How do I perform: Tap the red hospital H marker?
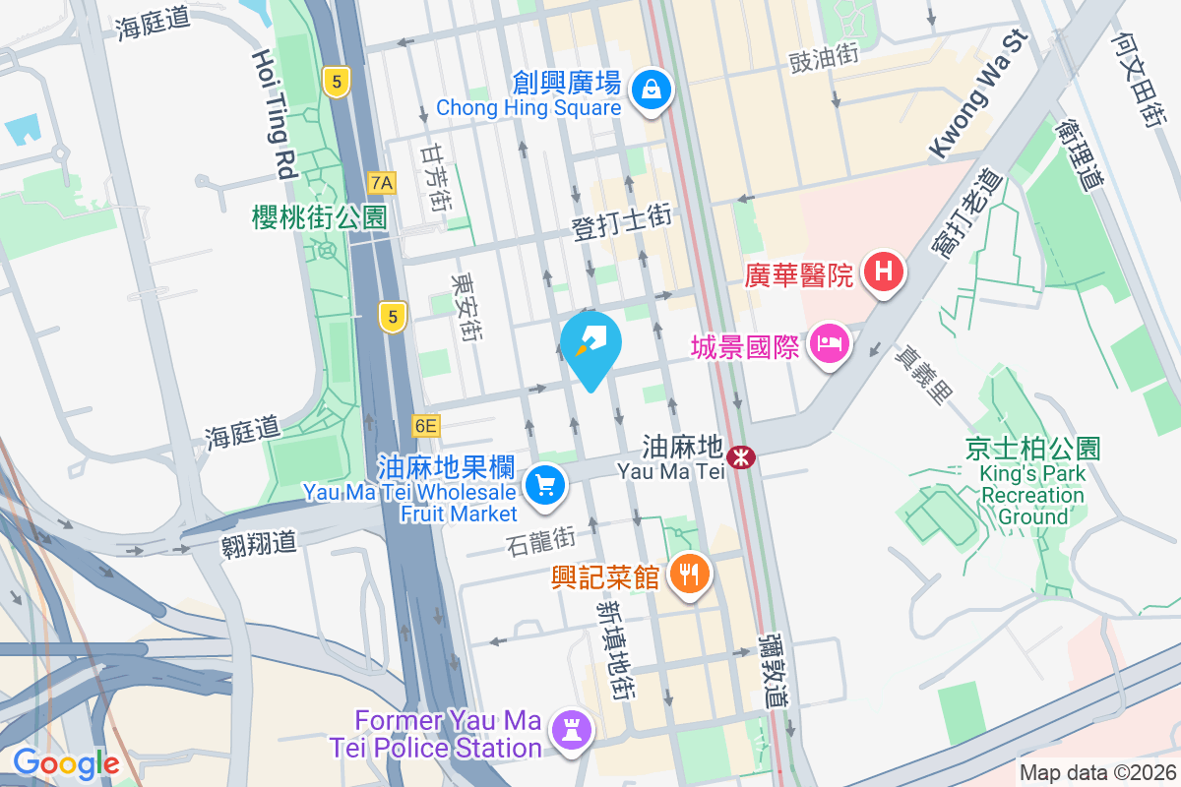pyautogui.click(x=883, y=272)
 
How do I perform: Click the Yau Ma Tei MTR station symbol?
pyautogui.click(x=739, y=457)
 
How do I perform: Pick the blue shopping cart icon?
pyautogui.click(x=544, y=484)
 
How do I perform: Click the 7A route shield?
pyautogui.click(x=382, y=182)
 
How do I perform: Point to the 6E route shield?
pyautogui.click(x=425, y=426)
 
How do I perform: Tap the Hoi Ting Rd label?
pyautogui.click(x=275, y=113)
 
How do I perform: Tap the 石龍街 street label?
pyautogui.click(x=540, y=539)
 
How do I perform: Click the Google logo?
pyautogui.click(x=66, y=762)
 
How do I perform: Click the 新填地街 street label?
pyautogui.click(x=613, y=649)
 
